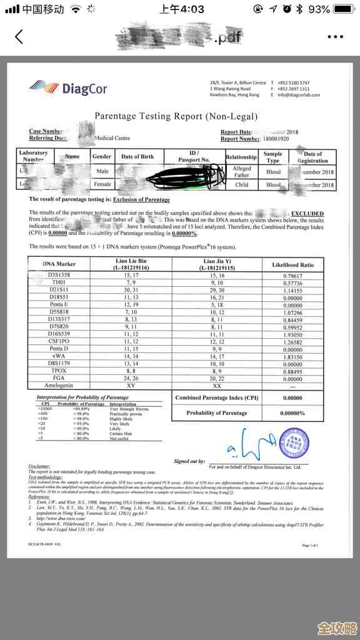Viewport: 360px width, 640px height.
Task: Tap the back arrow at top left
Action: (19, 37)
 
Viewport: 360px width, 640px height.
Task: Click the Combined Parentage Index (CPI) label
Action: (216, 398)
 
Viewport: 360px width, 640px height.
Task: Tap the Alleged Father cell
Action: (241, 172)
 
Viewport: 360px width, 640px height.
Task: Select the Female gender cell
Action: (102, 185)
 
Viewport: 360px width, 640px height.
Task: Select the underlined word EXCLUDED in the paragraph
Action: (307, 214)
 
